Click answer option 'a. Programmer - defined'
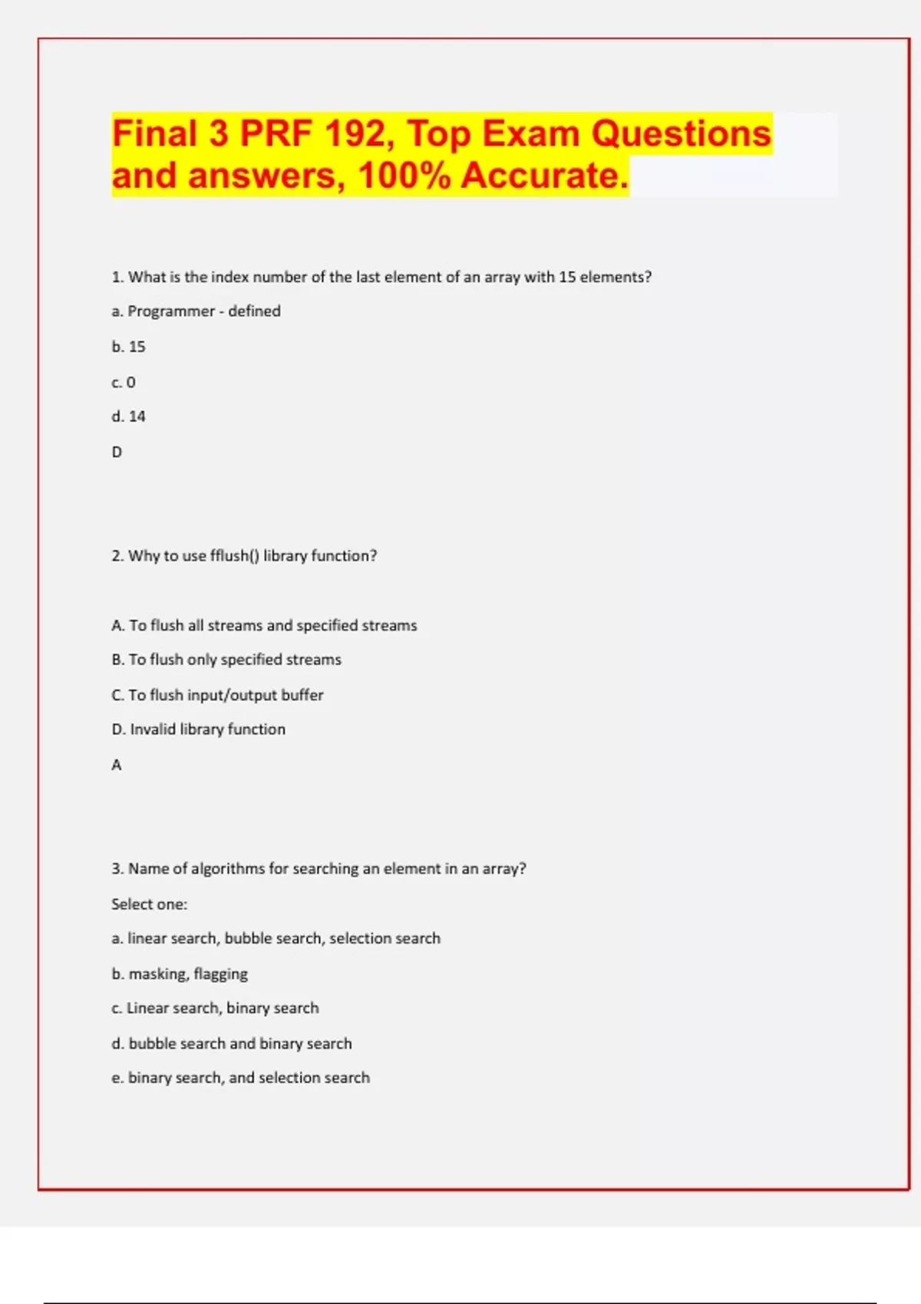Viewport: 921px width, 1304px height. coord(196,311)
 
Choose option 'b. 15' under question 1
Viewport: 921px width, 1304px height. coord(128,347)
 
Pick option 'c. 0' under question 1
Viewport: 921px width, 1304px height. coord(124,382)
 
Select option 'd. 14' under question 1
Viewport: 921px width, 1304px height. coord(128,417)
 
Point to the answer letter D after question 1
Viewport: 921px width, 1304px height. coord(117,453)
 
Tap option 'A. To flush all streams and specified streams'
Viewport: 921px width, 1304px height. coord(264,626)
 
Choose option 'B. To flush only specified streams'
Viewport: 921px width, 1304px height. coord(226,660)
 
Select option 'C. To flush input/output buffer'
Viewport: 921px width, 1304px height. coord(217,695)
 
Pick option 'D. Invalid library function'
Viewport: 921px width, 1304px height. coord(198,729)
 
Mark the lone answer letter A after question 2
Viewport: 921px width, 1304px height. coord(117,765)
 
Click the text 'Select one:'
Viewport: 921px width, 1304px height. coord(149,904)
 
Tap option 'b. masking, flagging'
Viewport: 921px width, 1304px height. coord(180,974)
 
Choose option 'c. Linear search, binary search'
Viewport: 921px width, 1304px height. coord(215,1009)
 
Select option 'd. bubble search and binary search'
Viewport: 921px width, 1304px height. coord(232,1044)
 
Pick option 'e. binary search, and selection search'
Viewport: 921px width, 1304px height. coord(240,1078)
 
